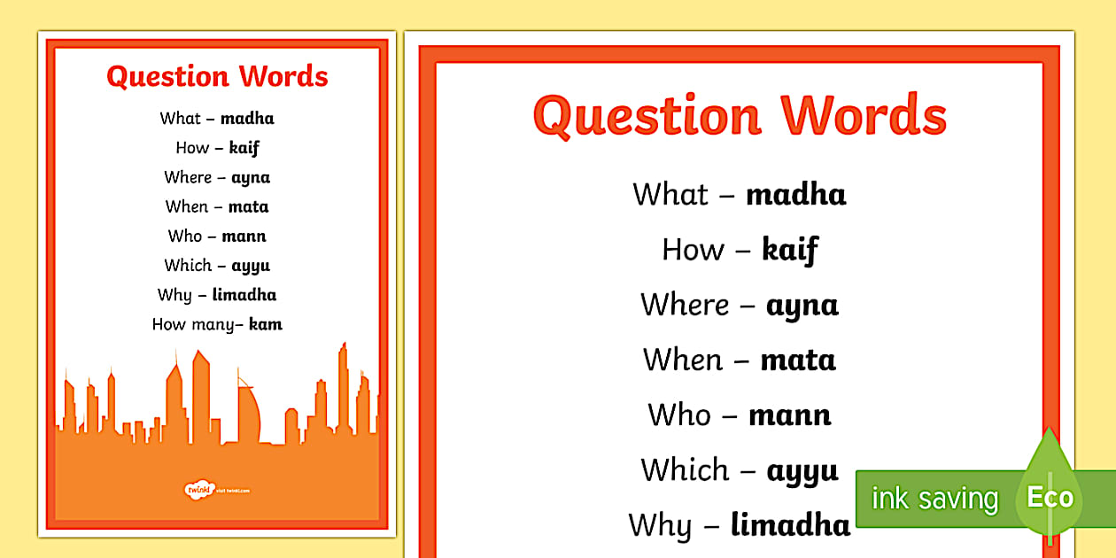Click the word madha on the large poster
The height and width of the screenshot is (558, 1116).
(x=795, y=194)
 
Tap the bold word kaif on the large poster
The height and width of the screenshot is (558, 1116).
(x=789, y=251)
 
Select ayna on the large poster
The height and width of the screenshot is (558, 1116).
(x=802, y=306)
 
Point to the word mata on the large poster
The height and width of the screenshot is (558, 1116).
(x=797, y=360)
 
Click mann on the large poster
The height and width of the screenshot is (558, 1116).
(x=789, y=415)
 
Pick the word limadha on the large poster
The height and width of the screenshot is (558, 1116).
(x=790, y=525)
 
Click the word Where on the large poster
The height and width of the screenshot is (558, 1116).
(x=685, y=305)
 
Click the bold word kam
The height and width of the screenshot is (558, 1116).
(x=266, y=324)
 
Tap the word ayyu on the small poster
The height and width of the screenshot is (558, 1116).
(x=251, y=266)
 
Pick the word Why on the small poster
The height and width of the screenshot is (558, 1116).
(x=174, y=295)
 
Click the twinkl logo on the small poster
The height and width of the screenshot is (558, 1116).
(x=193, y=489)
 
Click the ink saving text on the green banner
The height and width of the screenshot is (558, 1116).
(x=934, y=499)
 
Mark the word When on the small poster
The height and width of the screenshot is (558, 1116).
(x=187, y=206)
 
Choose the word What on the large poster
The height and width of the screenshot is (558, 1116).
(x=670, y=194)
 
